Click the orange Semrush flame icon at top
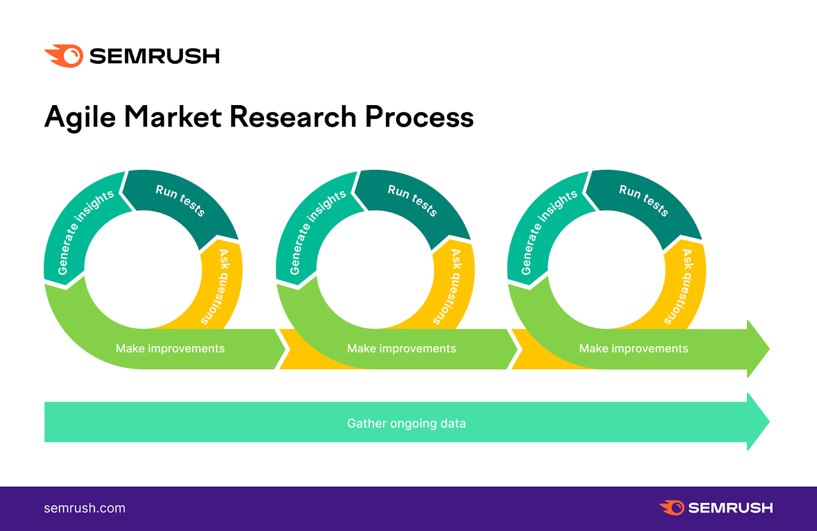[x=65, y=56]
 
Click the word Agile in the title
[x=80, y=117]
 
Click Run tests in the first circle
[x=180, y=200]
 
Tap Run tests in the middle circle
[x=412, y=200]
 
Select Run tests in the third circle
[x=643, y=200]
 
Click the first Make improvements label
[x=170, y=348]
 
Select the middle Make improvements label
[x=401, y=348]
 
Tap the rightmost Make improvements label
[x=633, y=348]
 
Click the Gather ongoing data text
[x=406, y=423]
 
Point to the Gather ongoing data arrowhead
[x=758, y=422]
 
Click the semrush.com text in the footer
[x=85, y=508]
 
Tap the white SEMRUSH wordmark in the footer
[x=730, y=508]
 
